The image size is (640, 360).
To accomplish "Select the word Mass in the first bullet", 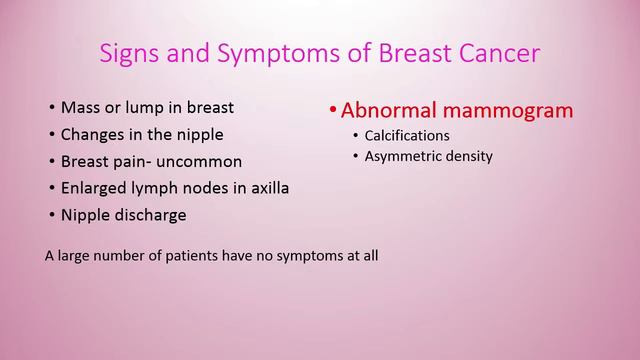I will click(x=79, y=107).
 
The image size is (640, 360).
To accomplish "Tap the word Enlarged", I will click(x=93, y=188).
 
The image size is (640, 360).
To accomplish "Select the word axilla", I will click(x=267, y=188).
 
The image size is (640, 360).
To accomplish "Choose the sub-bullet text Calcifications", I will click(x=407, y=135).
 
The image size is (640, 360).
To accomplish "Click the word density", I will click(x=469, y=156).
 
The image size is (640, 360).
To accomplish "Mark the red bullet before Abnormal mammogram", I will click(x=333, y=111).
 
